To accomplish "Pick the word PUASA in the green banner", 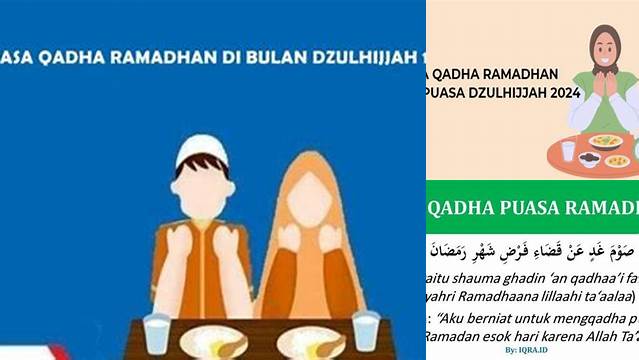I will tap(530, 208).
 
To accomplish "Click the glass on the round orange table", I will tap(568, 150).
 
